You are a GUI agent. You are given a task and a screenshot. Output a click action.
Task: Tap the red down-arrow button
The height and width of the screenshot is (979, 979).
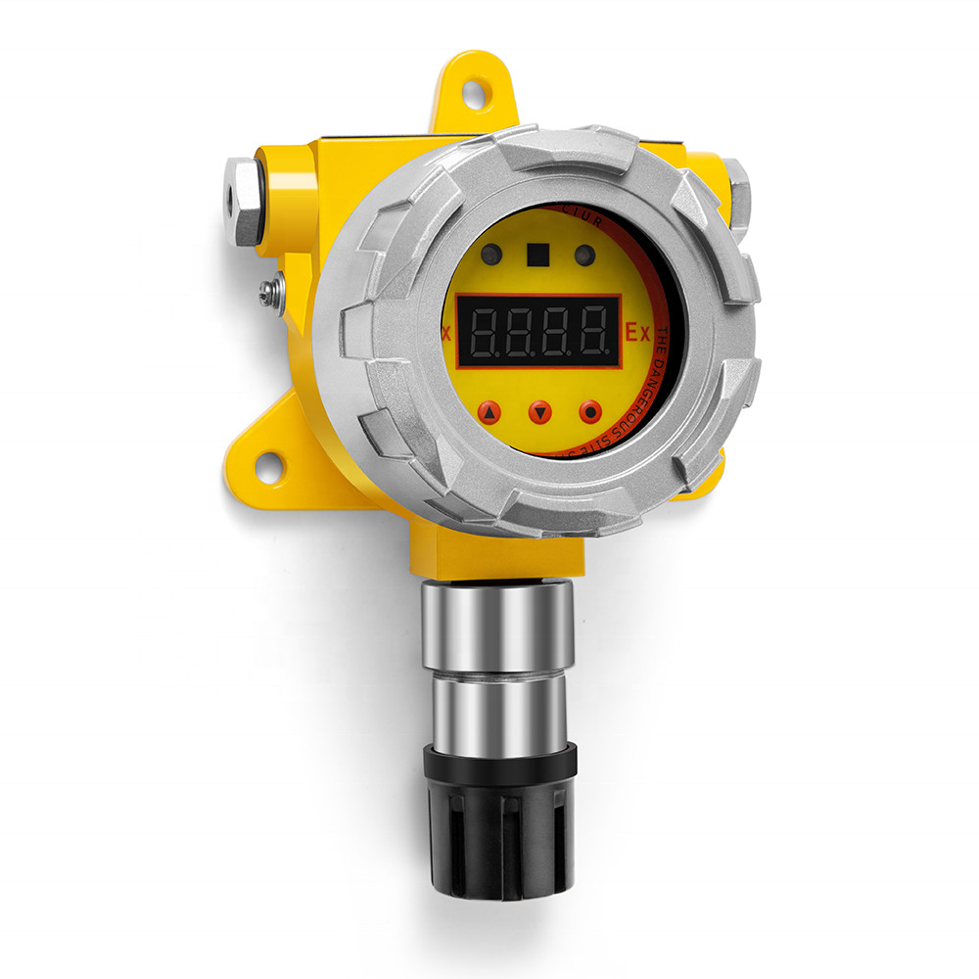click(x=540, y=412)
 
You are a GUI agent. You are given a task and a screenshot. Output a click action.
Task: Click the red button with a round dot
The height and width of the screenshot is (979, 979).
click(x=590, y=412)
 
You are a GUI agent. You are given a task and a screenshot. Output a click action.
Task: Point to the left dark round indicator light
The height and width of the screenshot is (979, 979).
click(x=491, y=255)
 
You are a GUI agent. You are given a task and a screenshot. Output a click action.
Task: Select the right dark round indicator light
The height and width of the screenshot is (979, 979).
click(x=584, y=256)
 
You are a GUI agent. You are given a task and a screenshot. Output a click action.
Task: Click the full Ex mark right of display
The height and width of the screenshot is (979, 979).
click(x=638, y=333)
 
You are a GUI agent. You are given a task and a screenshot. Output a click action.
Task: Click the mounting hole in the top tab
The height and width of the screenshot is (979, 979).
click(x=473, y=94)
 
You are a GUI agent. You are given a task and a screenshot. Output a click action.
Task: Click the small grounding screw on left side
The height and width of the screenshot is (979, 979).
click(x=271, y=290)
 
